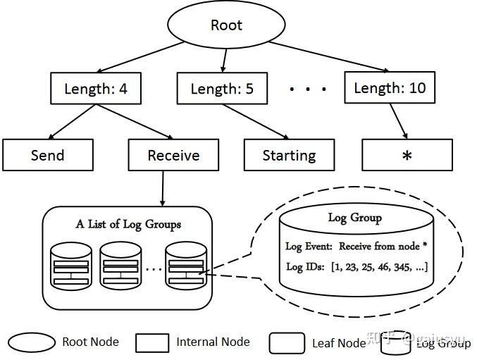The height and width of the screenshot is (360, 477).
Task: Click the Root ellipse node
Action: point(226,26)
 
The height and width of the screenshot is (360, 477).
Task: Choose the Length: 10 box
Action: point(389,88)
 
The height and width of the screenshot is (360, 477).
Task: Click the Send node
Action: point(48,155)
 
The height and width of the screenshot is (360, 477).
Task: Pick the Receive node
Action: point(173,155)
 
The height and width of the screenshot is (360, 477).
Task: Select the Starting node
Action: point(289,155)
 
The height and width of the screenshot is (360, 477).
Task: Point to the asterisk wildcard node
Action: point(407,155)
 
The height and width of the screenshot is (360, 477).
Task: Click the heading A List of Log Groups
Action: point(128,224)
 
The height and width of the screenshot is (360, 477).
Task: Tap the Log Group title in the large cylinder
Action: point(355,217)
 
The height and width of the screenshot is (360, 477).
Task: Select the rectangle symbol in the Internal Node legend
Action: point(151,343)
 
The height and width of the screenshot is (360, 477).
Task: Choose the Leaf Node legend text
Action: point(339,343)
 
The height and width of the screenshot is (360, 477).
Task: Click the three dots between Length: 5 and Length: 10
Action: point(309,89)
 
